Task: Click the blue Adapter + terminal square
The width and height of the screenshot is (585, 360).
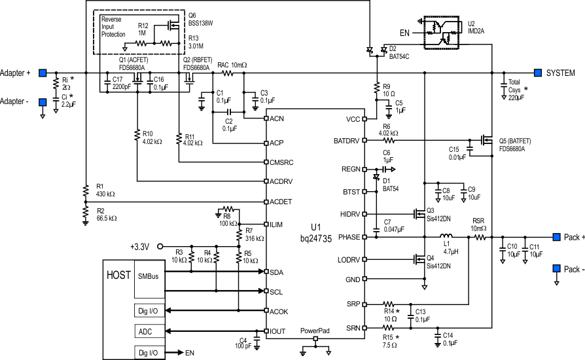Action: [x=43, y=73]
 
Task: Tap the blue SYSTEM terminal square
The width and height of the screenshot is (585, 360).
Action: [x=537, y=73]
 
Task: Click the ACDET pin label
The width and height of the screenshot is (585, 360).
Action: [x=279, y=201]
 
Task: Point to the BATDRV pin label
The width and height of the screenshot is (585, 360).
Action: [x=346, y=141]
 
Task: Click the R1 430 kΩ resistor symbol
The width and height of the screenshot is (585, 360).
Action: [x=85, y=191]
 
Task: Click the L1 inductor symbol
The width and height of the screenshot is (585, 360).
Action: [x=446, y=237]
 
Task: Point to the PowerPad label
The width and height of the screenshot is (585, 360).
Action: [x=315, y=331]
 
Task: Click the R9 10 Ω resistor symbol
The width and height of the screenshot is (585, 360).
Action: [x=376, y=88]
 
